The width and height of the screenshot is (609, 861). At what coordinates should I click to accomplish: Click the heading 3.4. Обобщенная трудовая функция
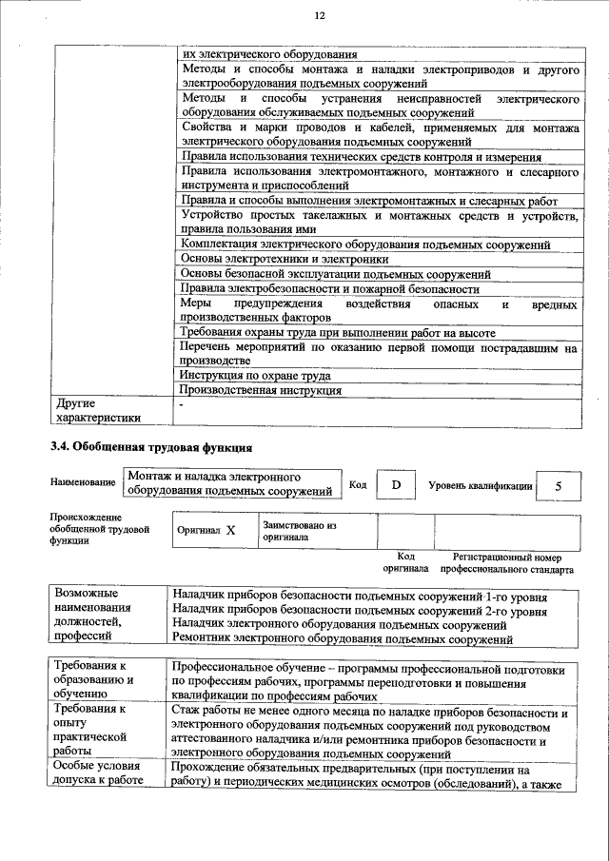pos(150,446)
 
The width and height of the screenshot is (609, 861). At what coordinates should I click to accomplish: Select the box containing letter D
pos(396,485)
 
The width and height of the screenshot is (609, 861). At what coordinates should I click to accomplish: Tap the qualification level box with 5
pos(558,485)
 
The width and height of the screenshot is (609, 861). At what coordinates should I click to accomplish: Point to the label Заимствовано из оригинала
pos(300,531)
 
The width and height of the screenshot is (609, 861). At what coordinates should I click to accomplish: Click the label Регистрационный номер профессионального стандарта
pos(506,563)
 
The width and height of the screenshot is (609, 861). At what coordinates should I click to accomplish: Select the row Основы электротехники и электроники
pos(284,259)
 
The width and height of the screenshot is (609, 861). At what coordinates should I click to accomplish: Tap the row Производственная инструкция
pos(260,390)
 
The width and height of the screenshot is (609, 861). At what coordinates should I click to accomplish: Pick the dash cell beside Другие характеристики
pos(181,404)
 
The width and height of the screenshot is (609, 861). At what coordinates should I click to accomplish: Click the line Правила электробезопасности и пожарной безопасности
pos(329,288)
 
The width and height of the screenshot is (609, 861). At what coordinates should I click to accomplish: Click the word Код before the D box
pos(358,485)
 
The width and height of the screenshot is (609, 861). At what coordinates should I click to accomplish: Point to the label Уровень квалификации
pos(480,485)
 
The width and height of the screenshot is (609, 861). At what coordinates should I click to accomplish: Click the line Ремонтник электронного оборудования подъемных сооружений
pos(343,640)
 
